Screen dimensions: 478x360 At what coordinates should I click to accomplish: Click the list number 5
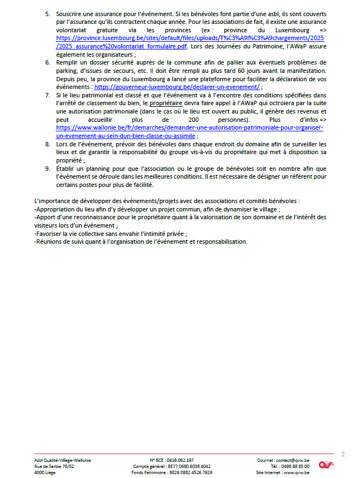point(47,13)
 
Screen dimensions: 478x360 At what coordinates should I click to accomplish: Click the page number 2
point(343,454)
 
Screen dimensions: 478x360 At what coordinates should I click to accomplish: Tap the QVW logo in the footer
point(326,465)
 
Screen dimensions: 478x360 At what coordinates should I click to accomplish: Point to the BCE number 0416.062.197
point(179,460)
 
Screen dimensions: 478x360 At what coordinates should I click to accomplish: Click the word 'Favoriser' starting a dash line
point(51,234)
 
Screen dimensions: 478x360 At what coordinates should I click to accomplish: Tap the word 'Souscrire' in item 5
point(70,13)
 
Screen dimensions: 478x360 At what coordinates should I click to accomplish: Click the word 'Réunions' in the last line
point(50,242)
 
